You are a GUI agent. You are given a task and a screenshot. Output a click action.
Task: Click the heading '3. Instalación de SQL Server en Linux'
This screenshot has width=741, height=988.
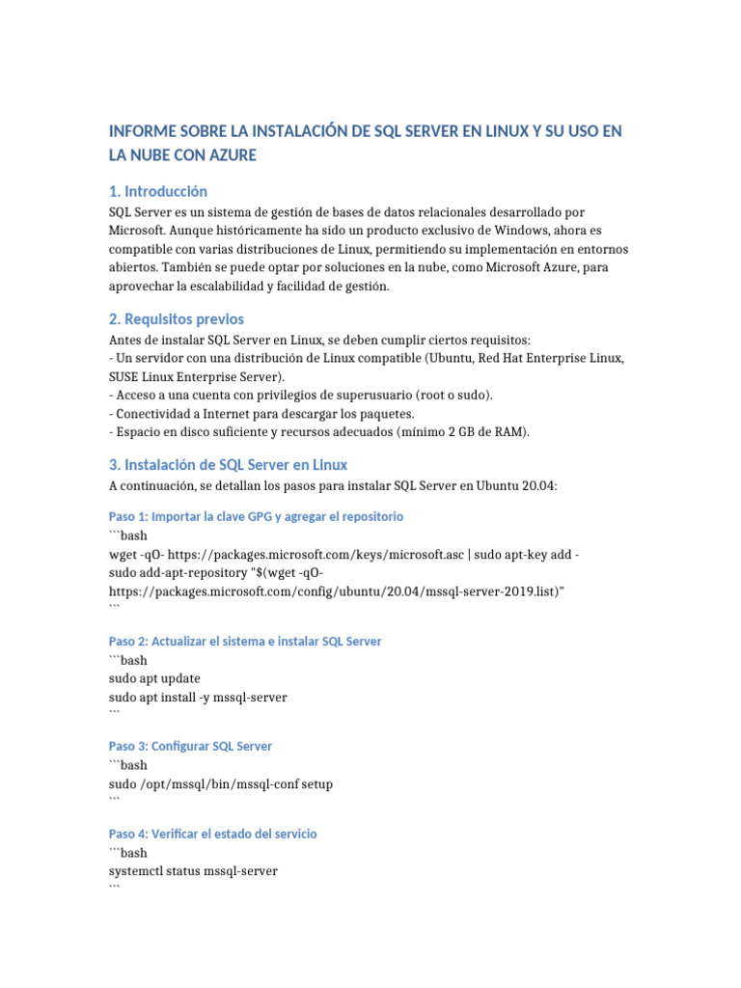click(x=228, y=465)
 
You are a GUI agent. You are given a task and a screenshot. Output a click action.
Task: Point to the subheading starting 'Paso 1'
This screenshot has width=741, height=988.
click(x=256, y=516)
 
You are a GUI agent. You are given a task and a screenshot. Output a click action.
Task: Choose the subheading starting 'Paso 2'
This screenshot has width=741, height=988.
click(x=245, y=642)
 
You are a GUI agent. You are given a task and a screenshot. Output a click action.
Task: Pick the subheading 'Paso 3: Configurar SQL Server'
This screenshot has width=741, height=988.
click(x=190, y=746)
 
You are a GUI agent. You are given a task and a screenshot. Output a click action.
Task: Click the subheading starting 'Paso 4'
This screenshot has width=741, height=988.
click(x=212, y=833)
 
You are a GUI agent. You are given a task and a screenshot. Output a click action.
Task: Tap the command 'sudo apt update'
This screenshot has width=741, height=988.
click(x=154, y=678)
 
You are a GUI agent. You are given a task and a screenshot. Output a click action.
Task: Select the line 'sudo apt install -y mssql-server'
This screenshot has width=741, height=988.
click(x=198, y=697)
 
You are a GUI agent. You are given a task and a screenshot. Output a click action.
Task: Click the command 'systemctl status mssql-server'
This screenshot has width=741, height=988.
click(x=193, y=870)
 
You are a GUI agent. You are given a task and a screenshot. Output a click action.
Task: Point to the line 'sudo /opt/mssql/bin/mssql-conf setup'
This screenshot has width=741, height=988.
click(x=221, y=783)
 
